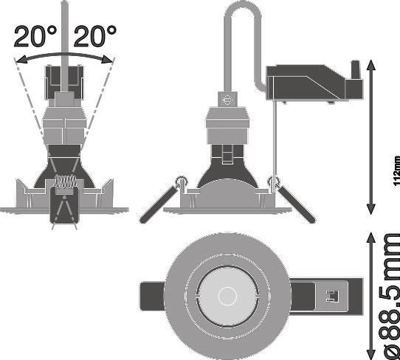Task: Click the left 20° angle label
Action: pos(35,36)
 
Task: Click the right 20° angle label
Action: pos(95,36)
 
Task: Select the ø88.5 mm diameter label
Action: pos(392,296)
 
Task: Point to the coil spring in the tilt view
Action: pos(66,181)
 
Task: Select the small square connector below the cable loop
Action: pos(227,99)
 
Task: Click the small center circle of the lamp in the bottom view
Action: pos(227,296)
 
